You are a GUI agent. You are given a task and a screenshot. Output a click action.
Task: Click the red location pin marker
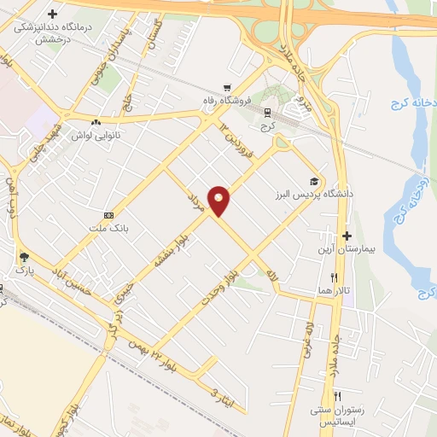point(219,201)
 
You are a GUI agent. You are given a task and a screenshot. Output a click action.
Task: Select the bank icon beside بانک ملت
point(108,215)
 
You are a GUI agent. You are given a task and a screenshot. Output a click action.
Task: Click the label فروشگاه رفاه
point(228,100)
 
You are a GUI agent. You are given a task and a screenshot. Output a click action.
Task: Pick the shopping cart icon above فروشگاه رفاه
point(227,87)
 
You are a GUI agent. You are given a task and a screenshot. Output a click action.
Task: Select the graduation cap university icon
point(314,182)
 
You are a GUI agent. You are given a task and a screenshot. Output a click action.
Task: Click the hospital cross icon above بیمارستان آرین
point(347,236)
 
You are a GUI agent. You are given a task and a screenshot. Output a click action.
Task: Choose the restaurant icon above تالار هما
point(335,277)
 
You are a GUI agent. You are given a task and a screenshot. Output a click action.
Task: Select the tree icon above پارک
point(24,256)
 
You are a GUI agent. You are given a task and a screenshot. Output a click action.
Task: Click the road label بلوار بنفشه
point(167,248)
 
